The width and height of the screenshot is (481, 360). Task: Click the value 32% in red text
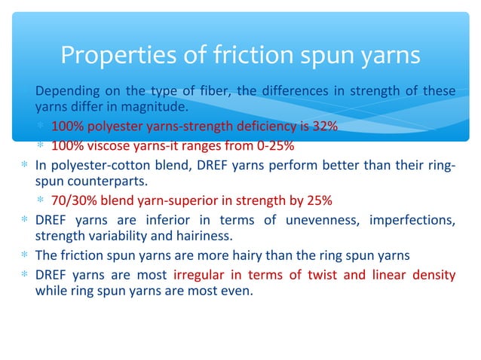(325, 126)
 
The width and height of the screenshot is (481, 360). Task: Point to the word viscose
(104, 145)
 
